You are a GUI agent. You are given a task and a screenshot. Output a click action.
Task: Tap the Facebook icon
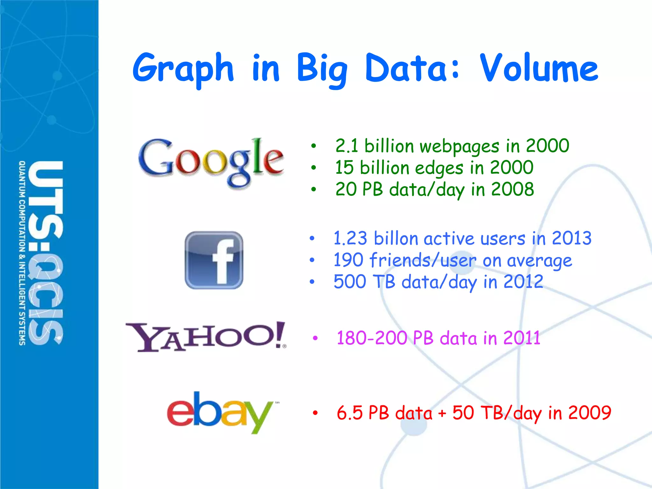coord(214,260)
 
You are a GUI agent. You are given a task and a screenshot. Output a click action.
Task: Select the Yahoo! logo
coord(206,337)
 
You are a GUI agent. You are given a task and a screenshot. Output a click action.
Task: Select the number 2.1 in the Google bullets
coord(347,146)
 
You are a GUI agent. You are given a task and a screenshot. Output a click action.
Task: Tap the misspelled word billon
coord(396,238)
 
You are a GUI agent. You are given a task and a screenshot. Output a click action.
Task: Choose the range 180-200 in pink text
coord(372,338)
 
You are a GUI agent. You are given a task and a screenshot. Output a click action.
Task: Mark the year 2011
coord(522,338)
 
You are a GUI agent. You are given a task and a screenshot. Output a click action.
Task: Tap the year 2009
coord(590,413)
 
